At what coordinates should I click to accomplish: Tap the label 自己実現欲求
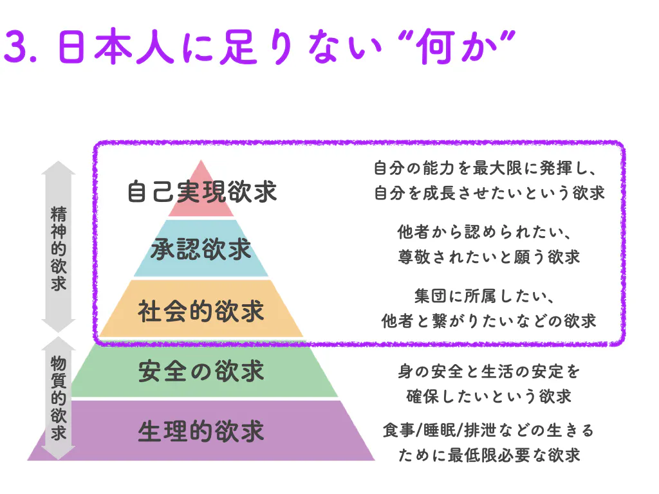pyautogui.click(x=202, y=192)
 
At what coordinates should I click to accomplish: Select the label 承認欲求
pyautogui.click(x=201, y=249)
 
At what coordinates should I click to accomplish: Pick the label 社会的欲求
pyautogui.click(x=201, y=311)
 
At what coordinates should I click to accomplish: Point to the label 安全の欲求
pyautogui.click(x=201, y=371)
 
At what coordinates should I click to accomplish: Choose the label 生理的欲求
pyautogui.click(x=201, y=431)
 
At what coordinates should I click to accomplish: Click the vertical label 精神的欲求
pyautogui.click(x=59, y=248)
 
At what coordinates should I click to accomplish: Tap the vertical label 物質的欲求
pyautogui.click(x=59, y=398)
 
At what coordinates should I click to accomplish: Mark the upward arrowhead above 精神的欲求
pyautogui.click(x=59, y=168)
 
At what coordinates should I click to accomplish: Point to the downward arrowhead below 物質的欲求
pyautogui.click(x=59, y=453)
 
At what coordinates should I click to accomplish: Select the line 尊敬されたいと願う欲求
pyautogui.click(x=489, y=257)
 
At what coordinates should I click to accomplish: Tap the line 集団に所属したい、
pyautogui.click(x=484, y=296)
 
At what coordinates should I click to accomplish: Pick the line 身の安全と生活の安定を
pyautogui.click(x=489, y=371)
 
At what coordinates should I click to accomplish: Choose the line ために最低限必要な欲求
pyautogui.click(x=489, y=455)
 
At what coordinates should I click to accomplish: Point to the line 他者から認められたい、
pyautogui.click(x=484, y=232)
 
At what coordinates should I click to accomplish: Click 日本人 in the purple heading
pyautogui.click(x=116, y=46)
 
